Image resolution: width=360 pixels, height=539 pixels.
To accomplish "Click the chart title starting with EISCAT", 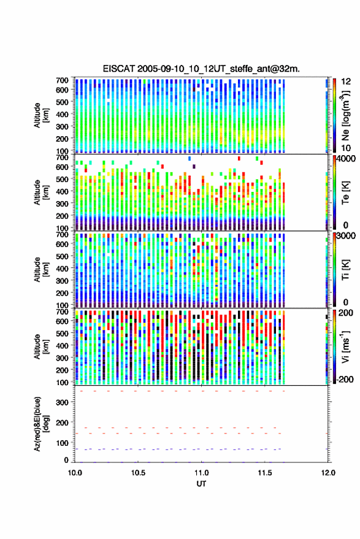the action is click(201, 69).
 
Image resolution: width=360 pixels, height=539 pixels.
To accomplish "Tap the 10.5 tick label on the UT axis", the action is click(138, 473).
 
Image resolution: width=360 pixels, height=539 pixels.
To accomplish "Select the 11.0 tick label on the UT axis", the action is click(201, 473).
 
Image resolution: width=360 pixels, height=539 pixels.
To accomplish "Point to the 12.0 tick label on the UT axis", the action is click(328, 473).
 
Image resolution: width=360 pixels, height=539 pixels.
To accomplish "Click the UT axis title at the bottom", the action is click(201, 484).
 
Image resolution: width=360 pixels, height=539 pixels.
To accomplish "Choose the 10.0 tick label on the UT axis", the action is click(75, 473).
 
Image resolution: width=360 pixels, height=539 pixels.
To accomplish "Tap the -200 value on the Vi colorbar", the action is click(345, 379).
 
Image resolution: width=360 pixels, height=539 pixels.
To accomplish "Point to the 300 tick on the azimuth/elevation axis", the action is click(62, 402).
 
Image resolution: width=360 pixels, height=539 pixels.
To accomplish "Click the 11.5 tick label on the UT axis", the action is click(264, 473).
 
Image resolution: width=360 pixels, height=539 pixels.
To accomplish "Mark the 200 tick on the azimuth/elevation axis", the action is click(62, 422).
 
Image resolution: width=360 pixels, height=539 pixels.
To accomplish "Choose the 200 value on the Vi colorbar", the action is click(345, 313).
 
